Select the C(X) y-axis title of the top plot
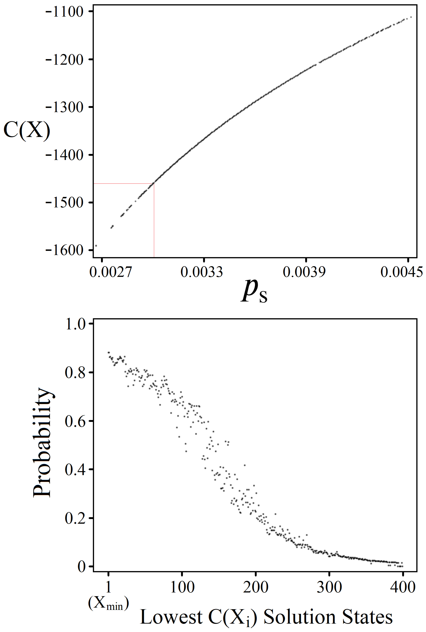tap(27, 130)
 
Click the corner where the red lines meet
tap(154, 184)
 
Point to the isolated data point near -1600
tap(96, 246)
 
